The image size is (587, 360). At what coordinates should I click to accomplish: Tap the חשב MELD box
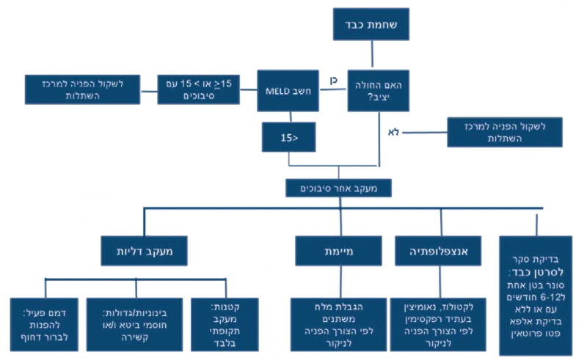click(x=288, y=90)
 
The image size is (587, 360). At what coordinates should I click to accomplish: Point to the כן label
click(x=332, y=78)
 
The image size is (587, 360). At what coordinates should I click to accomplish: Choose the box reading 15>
click(x=289, y=136)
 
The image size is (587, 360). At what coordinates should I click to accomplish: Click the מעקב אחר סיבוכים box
click(x=338, y=188)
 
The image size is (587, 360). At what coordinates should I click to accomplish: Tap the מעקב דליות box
click(x=144, y=250)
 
